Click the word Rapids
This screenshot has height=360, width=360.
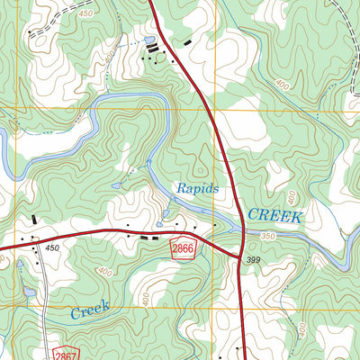tap(197, 189)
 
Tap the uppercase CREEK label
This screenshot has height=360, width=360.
tap(276, 215)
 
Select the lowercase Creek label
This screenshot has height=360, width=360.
tap(90, 309)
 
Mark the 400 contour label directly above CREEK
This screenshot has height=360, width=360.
tap(291, 197)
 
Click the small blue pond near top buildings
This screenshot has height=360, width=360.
tap(149, 40)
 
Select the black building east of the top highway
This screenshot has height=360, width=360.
tap(187, 42)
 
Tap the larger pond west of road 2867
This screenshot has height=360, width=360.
tap(30, 292)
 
